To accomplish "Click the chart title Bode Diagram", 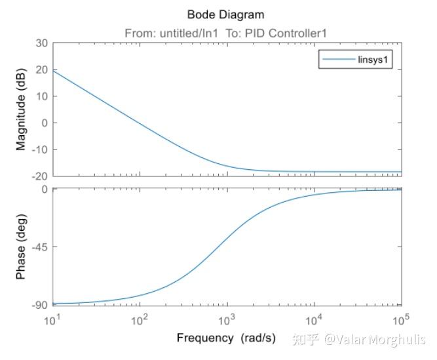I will click(x=227, y=14).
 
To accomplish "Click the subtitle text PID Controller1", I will click(x=292, y=33).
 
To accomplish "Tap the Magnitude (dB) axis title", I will click(x=22, y=109).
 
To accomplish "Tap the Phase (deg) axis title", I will click(x=22, y=247).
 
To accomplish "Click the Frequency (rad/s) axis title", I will click(x=226, y=338).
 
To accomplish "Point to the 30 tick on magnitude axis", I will click(x=42, y=43).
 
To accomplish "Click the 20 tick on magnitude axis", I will click(x=42, y=70).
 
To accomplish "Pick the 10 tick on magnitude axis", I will click(x=42, y=96).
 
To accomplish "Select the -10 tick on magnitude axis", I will click(x=40, y=150).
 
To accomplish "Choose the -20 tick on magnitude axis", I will click(x=40, y=176).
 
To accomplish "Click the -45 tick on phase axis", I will click(x=40, y=247).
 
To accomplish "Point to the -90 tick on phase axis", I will click(x=40, y=305).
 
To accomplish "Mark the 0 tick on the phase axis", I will click(x=45, y=190).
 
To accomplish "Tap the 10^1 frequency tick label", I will click(x=52, y=319).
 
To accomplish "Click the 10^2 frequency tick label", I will click(x=140, y=319).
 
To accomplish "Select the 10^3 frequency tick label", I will click(x=227, y=319).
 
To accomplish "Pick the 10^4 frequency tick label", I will click(x=314, y=319).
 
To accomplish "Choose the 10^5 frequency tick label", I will click(x=400, y=319).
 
